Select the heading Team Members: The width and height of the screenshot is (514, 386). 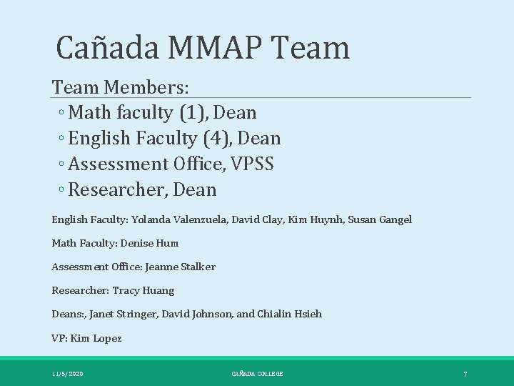121,87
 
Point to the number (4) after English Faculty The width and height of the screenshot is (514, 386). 220,139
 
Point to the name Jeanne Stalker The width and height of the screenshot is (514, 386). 180,267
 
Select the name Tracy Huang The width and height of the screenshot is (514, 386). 143,291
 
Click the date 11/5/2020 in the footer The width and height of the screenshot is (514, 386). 67,374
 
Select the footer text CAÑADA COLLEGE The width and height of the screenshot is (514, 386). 257,374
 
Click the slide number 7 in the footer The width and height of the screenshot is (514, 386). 465,374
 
